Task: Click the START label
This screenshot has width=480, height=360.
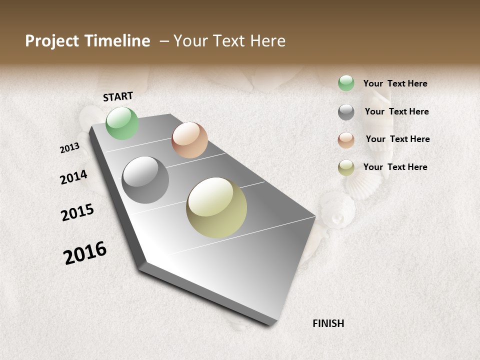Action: (118, 96)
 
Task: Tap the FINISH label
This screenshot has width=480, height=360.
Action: (328, 323)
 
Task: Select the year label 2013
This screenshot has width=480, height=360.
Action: (69, 148)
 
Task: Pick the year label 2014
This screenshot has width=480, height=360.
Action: (73, 177)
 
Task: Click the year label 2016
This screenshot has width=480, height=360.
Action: (85, 252)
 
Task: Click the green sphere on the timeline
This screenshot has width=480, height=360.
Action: (122, 123)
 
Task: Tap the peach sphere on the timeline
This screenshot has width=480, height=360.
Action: (189, 140)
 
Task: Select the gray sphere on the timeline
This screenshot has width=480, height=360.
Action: (145, 180)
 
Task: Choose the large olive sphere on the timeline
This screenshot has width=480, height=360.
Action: (216, 207)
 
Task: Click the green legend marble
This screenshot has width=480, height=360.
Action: (346, 83)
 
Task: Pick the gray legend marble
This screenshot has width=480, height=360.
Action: (346, 112)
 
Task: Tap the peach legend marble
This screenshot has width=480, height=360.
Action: (346, 140)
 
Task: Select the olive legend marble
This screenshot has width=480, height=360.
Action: (346, 167)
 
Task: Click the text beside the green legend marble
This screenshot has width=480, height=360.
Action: (395, 83)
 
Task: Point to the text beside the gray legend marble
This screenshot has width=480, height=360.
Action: (396, 111)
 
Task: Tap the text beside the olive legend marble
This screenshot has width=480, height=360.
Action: (395, 167)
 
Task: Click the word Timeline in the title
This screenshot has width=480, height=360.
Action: (116, 41)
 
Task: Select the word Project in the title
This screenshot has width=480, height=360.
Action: (51, 41)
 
